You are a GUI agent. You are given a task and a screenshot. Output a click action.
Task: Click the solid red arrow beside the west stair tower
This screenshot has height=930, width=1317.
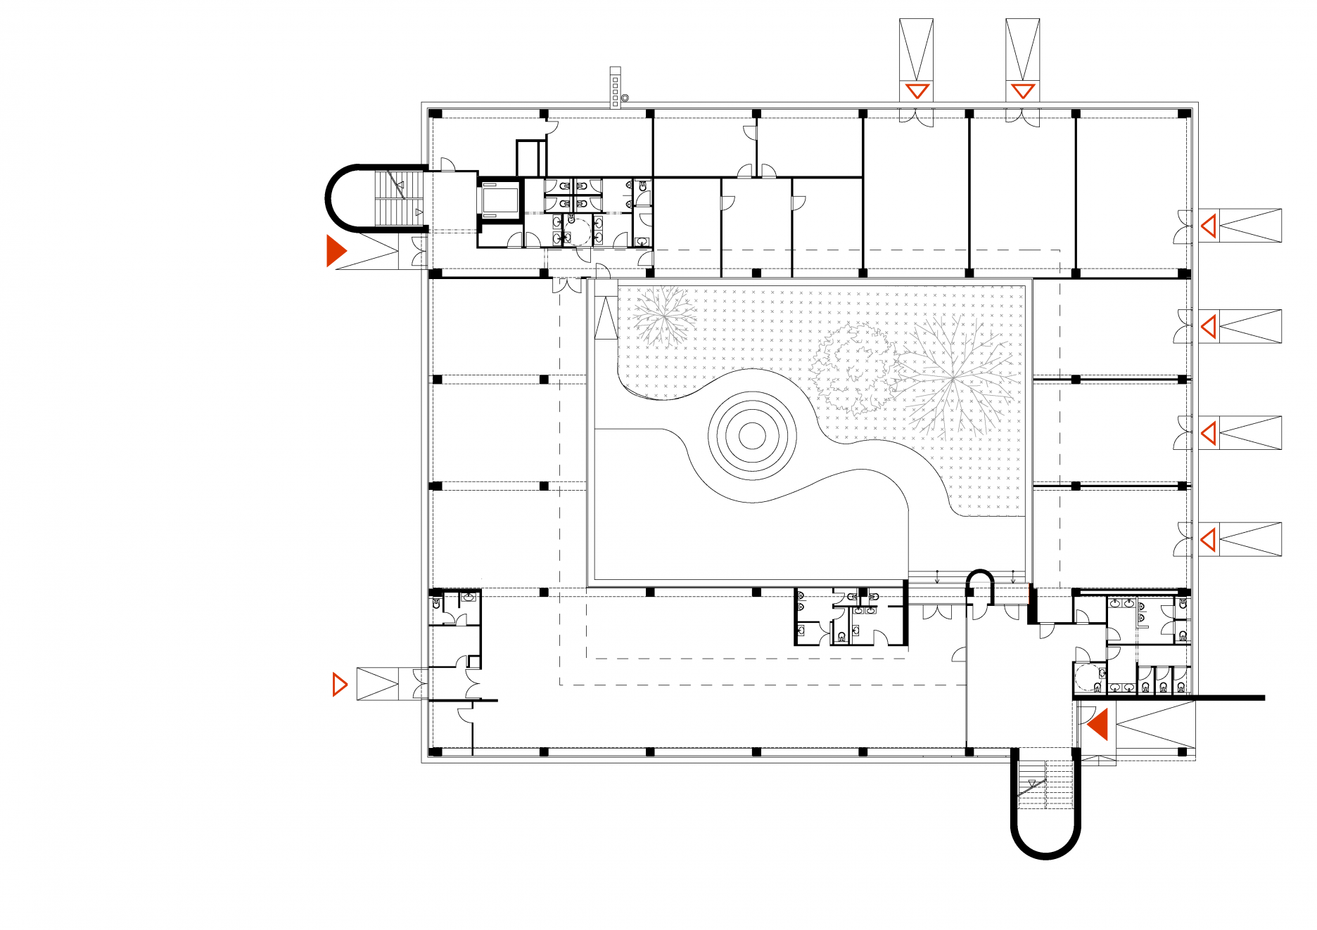(336, 251)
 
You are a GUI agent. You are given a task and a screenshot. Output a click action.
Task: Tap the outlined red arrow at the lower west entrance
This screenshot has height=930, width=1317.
(339, 684)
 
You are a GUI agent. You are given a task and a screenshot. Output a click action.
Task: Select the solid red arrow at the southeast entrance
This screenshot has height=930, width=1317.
(1099, 724)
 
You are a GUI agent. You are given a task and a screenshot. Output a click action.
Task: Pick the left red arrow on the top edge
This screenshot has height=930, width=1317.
(917, 91)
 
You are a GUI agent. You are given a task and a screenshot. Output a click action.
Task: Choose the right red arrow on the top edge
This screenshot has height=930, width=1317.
(1022, 91)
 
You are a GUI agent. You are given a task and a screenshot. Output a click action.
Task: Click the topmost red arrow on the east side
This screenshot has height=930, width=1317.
(1209, 226)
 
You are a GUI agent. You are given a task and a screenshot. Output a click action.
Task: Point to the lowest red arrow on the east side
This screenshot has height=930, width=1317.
(1209, 540)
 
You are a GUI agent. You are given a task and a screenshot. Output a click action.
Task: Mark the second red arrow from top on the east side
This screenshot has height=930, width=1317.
(1209, 327)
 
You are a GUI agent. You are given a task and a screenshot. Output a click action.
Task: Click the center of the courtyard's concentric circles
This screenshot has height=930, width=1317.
(752, 436)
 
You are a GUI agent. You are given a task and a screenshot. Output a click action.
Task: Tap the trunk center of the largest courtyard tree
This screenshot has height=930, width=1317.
(954, 380)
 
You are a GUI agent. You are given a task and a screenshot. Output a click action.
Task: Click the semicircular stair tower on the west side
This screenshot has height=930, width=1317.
(352, 198)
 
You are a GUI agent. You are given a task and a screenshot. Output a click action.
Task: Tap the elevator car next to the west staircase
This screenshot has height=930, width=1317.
(500, 200)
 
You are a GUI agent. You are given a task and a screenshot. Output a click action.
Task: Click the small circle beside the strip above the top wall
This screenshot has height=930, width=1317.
(624, 98)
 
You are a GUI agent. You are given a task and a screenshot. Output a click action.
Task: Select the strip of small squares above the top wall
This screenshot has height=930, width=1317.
(615, 88)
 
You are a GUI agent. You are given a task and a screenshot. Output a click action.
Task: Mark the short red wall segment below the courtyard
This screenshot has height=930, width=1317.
(1031, 595)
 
